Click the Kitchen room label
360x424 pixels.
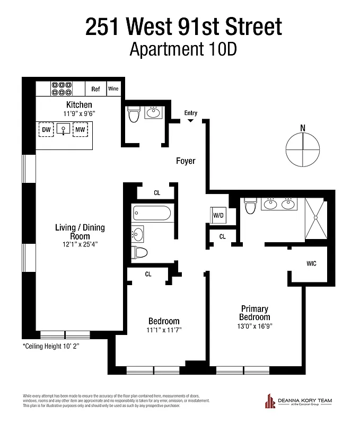79,104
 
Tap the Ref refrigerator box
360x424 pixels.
96,89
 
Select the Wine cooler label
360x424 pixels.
113,89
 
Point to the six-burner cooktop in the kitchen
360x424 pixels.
62,88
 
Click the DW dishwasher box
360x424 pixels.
46,129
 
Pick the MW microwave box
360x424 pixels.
80,129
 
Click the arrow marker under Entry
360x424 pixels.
190,121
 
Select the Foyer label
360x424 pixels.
186,161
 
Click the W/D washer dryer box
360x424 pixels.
218,215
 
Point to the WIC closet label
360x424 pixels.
311,263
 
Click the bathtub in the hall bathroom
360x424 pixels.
152,214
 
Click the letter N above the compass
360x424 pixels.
303,127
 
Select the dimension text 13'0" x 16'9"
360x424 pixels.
254,326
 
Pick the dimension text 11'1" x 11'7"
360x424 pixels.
163,330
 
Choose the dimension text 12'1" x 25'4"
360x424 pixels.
80,244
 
